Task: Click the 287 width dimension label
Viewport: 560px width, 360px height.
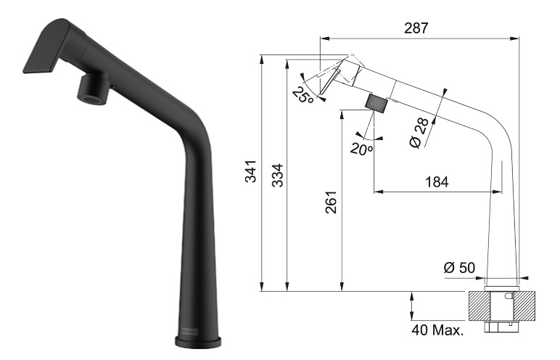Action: (x=416, y=28)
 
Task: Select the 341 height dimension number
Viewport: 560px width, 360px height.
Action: (x=251, y=171)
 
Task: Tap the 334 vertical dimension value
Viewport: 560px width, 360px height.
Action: (x=278, y=176)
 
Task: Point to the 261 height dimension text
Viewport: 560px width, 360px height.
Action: (x=331, y=202)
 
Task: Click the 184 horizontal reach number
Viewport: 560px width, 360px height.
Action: (x=437, y=182)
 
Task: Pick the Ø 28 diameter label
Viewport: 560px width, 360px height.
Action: (x=419, y=133)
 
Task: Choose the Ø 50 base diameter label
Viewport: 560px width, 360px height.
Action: (x=459, y=267)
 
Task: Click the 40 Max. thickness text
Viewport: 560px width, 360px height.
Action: (x=437, y=330)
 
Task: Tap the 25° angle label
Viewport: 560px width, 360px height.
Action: (x=303, y=95)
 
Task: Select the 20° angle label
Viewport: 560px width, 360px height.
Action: (x=361, y=149)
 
